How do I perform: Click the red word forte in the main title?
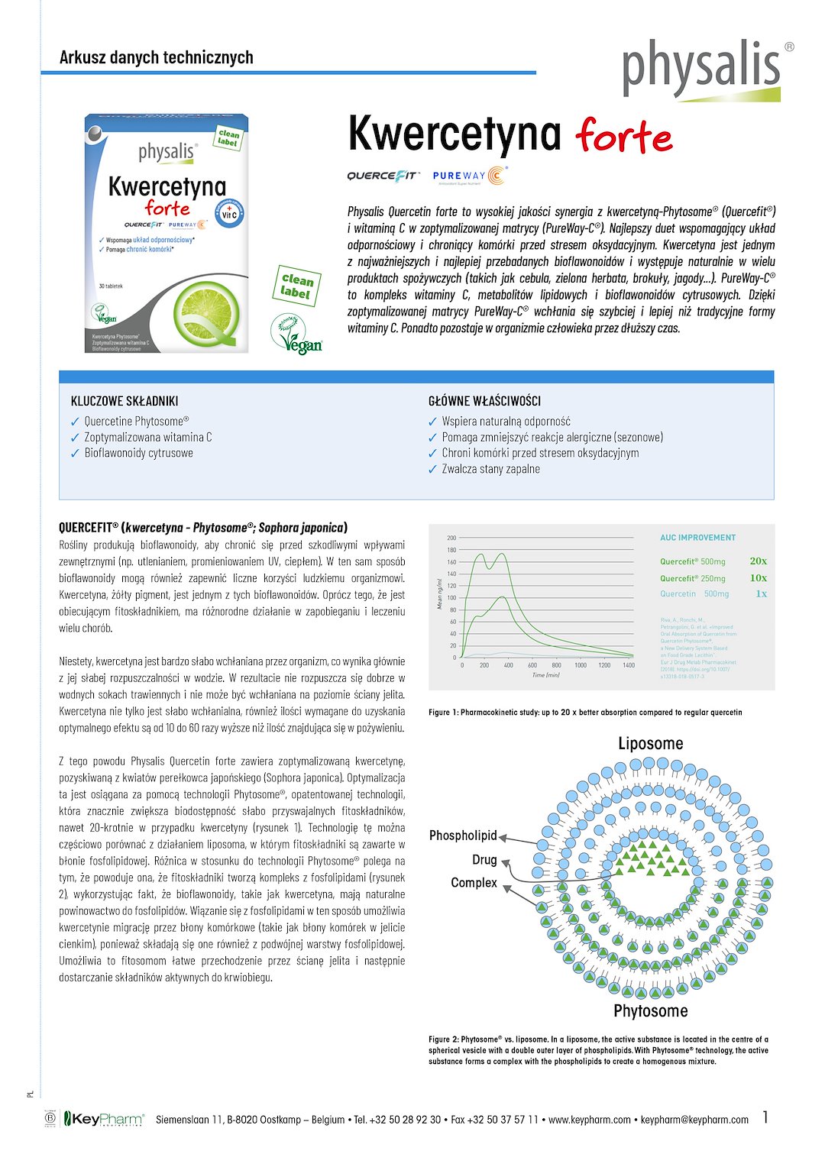pyautogui.click(x=625, y=137)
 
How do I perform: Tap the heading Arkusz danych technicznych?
pyautogui.click(x=156, y=57)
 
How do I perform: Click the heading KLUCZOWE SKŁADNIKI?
pyautogui.click(x=125, y=401)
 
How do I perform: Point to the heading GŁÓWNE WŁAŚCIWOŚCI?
pyautogui.click(x=484, y=401)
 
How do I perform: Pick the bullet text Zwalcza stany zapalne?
pyautogui.click(x=490, y=469)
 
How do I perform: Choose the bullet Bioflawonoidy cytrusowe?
pyautogui.click(x=138, y=453)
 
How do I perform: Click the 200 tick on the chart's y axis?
pyautogui.click(x=451, y=538)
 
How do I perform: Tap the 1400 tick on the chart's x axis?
pyautogui.click(x=628, y=665)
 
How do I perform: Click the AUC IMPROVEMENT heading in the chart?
pyautogui.click(x=697, y=538)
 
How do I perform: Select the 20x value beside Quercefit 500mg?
pyautogui.click(x=758, y=561)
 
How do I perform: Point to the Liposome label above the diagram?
pyautogui.click(x=650, y=743)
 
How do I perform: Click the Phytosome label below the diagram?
pyautogui.click(x=650, y=1010)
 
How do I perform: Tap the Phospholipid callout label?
pyautogui.click(x=463, y=836)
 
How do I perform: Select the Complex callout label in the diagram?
pyautogui.click(x=474, y=882)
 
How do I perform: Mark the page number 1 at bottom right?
pyautogui.click(x=765, y=1117)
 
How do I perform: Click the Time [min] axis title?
pyautogui.click(x=545, y=675)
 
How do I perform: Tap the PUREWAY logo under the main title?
pyautogui.click(x=469, y=176)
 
